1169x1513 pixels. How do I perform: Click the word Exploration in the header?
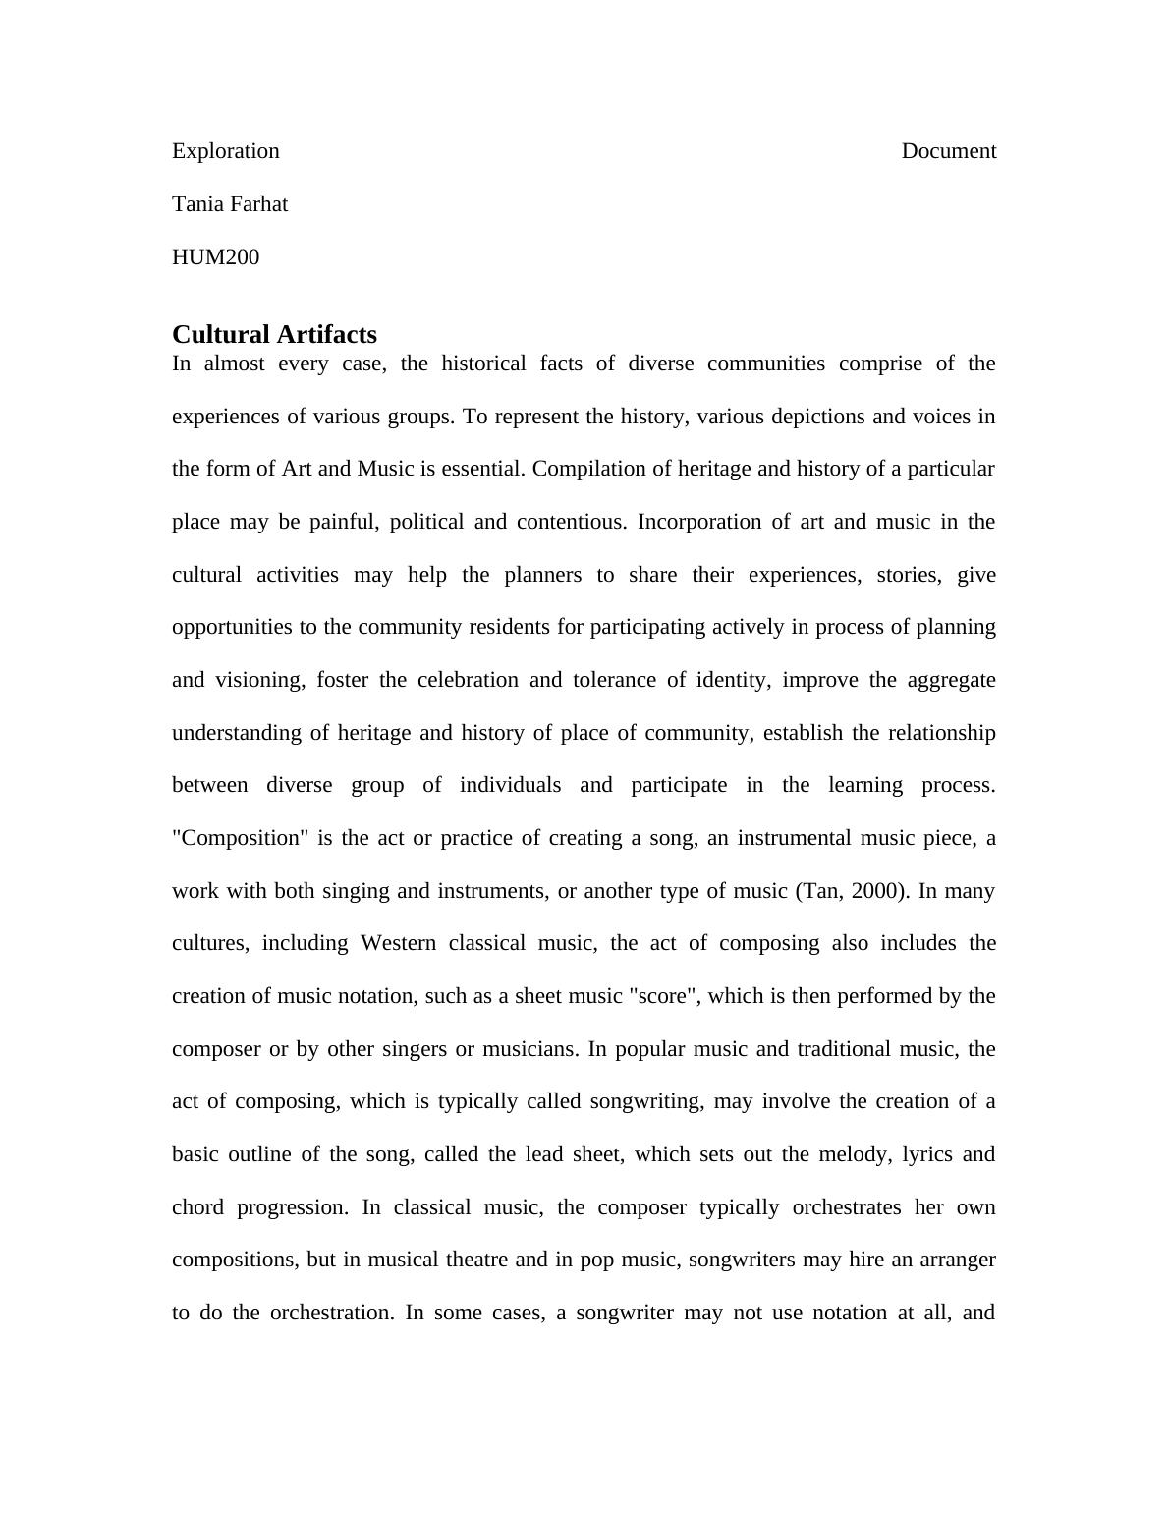click(225, 151)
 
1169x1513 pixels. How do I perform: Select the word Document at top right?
click(948, 151)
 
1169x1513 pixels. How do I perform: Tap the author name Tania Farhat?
click(230, 204)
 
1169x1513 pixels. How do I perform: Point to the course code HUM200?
click(215, 257)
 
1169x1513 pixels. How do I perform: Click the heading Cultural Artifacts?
click(274, 334)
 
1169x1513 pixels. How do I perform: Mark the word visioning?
click(259, 680)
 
